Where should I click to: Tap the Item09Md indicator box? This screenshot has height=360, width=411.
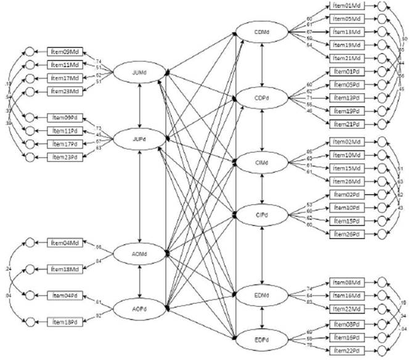[66, 52]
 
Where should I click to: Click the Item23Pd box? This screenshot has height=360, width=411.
[66, 157]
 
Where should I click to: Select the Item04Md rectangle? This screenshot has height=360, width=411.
[66, 243]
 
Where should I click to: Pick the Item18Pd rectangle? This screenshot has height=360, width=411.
[66, 322]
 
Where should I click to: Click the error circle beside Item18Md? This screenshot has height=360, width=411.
[28, 270]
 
